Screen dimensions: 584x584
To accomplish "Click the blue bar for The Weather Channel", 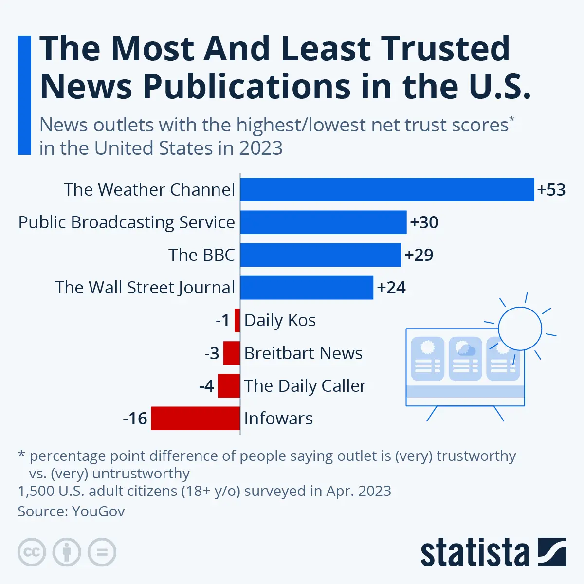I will tap(387, 189).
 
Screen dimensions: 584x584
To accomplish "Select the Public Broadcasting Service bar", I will tap(323, 222).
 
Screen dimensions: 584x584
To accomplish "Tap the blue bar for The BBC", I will tap(320, 255).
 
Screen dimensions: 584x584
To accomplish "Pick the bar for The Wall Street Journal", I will tap(307, 287).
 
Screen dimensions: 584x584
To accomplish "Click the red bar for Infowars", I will tap(196, 418).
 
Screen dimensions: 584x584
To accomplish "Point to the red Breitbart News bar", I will tap(232, 353).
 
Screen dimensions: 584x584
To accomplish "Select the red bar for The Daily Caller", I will tap(229, 385).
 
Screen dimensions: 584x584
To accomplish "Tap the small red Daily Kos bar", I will tap(237, 320).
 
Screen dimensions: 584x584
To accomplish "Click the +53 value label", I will tap(551, 189).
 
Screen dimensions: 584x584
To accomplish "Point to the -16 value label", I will tap(135, 418).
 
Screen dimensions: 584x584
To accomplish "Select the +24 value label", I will tap(391, 287).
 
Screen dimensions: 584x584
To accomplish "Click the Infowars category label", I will tap(278, 418).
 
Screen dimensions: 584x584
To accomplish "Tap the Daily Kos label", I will tap(280, 320).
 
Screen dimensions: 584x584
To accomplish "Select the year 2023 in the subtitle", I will tap(261, 148).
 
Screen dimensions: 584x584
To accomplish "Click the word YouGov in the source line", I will tap(98, 511).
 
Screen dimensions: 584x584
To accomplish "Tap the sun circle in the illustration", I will tap(520, 328).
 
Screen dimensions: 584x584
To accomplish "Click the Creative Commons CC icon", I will tap(32, 552).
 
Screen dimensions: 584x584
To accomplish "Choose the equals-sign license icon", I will tap(102, 552).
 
